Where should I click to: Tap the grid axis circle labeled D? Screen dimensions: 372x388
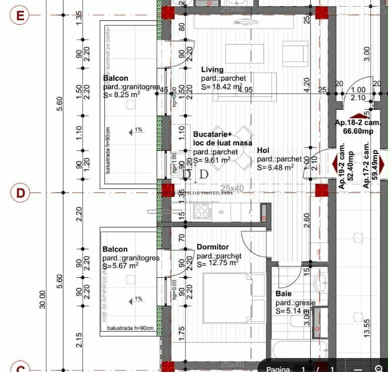click(x=21, y=193)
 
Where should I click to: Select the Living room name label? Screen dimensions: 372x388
click(x=213, y=70)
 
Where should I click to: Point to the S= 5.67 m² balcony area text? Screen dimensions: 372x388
click(x=120, y=266)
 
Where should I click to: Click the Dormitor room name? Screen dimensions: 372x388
click(x=213, y=247)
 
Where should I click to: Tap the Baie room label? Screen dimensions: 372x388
click(x=284, y=294)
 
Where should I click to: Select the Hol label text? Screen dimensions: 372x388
click(x=263, y=150)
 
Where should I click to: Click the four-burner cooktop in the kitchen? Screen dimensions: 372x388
click(x=202, y=211)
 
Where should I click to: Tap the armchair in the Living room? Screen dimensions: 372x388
click(x=295, y=53)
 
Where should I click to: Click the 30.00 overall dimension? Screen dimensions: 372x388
click(x=42, y=299)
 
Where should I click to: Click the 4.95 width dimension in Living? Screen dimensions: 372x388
click(x=245, y=90)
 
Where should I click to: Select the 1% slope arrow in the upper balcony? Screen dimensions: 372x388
click(x=135, y=130)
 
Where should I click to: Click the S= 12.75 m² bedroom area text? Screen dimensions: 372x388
click(x=218, y=262)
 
